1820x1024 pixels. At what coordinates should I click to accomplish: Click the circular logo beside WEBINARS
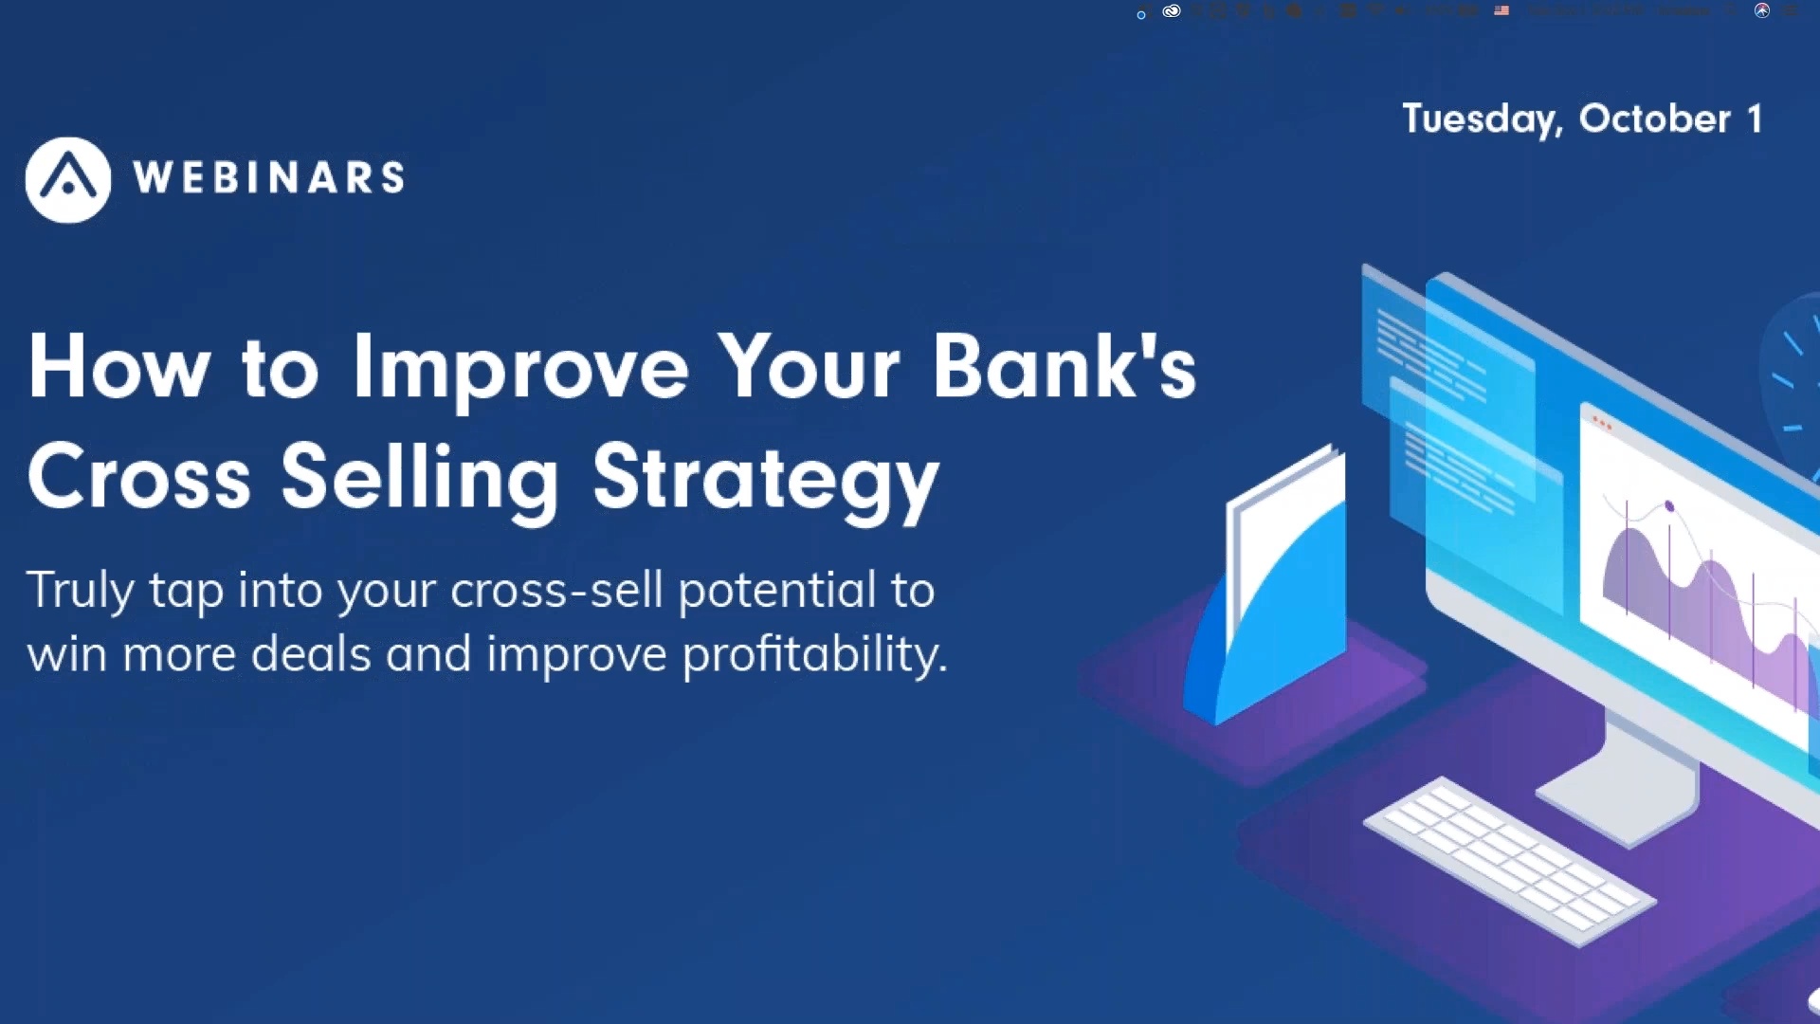point(67,180)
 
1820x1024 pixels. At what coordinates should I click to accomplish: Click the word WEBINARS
point(269,178)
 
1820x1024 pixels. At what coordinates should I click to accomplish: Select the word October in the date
point(1654,119)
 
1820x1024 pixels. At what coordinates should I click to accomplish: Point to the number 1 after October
point(1755,119)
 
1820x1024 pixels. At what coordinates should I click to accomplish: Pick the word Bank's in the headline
point(1064,368)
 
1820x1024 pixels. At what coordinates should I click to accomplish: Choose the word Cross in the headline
point(138,477)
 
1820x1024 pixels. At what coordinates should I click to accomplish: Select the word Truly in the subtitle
point(80,592)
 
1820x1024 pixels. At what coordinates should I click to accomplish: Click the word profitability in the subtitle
point(813,655)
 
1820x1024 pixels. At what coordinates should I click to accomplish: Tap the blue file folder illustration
point(1270,588)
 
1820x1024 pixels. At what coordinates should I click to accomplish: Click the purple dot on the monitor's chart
point(1669,506)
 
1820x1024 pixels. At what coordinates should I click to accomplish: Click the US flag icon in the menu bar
point(1501,10)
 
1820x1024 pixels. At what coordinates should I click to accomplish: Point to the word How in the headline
point(118,368)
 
